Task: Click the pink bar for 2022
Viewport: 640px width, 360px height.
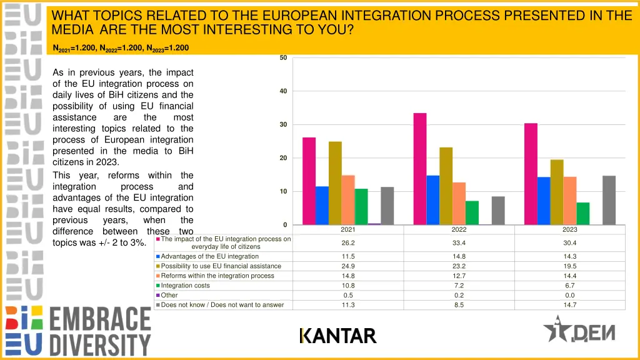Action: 420,169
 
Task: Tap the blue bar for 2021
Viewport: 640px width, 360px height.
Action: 322,206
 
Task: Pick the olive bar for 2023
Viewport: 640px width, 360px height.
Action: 556,192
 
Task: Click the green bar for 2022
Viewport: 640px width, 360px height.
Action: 472,212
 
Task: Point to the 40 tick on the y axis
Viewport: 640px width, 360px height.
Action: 283,91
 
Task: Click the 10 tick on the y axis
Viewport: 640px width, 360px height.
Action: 283,191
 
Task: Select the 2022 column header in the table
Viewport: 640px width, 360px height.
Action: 459,229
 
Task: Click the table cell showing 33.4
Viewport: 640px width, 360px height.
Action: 459,242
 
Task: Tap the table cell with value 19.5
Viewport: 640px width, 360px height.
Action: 569,266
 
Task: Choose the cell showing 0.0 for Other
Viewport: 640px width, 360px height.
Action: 569,295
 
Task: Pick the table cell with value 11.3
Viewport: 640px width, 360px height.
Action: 348,305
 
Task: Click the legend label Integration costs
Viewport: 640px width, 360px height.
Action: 185,286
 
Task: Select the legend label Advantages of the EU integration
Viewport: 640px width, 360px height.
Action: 209,256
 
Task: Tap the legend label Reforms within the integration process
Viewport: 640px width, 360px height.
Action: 217,276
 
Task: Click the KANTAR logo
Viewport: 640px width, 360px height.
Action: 337,336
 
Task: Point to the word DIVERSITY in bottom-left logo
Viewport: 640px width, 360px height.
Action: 100,344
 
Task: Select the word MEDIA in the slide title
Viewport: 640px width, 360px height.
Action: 73,29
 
